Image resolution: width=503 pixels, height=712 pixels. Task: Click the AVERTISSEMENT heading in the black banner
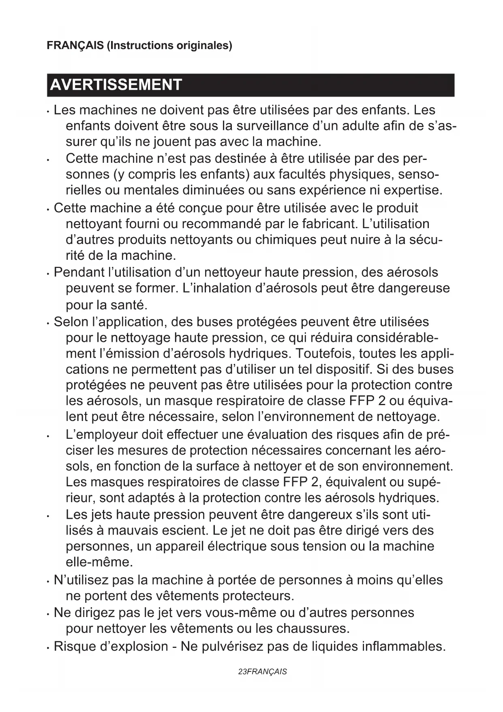[116, 85]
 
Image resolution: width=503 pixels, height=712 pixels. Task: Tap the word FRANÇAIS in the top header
[75, 45]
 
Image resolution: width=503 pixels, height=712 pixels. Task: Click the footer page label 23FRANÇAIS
[262, 672]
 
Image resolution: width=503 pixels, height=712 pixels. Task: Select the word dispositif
[344, 369]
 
